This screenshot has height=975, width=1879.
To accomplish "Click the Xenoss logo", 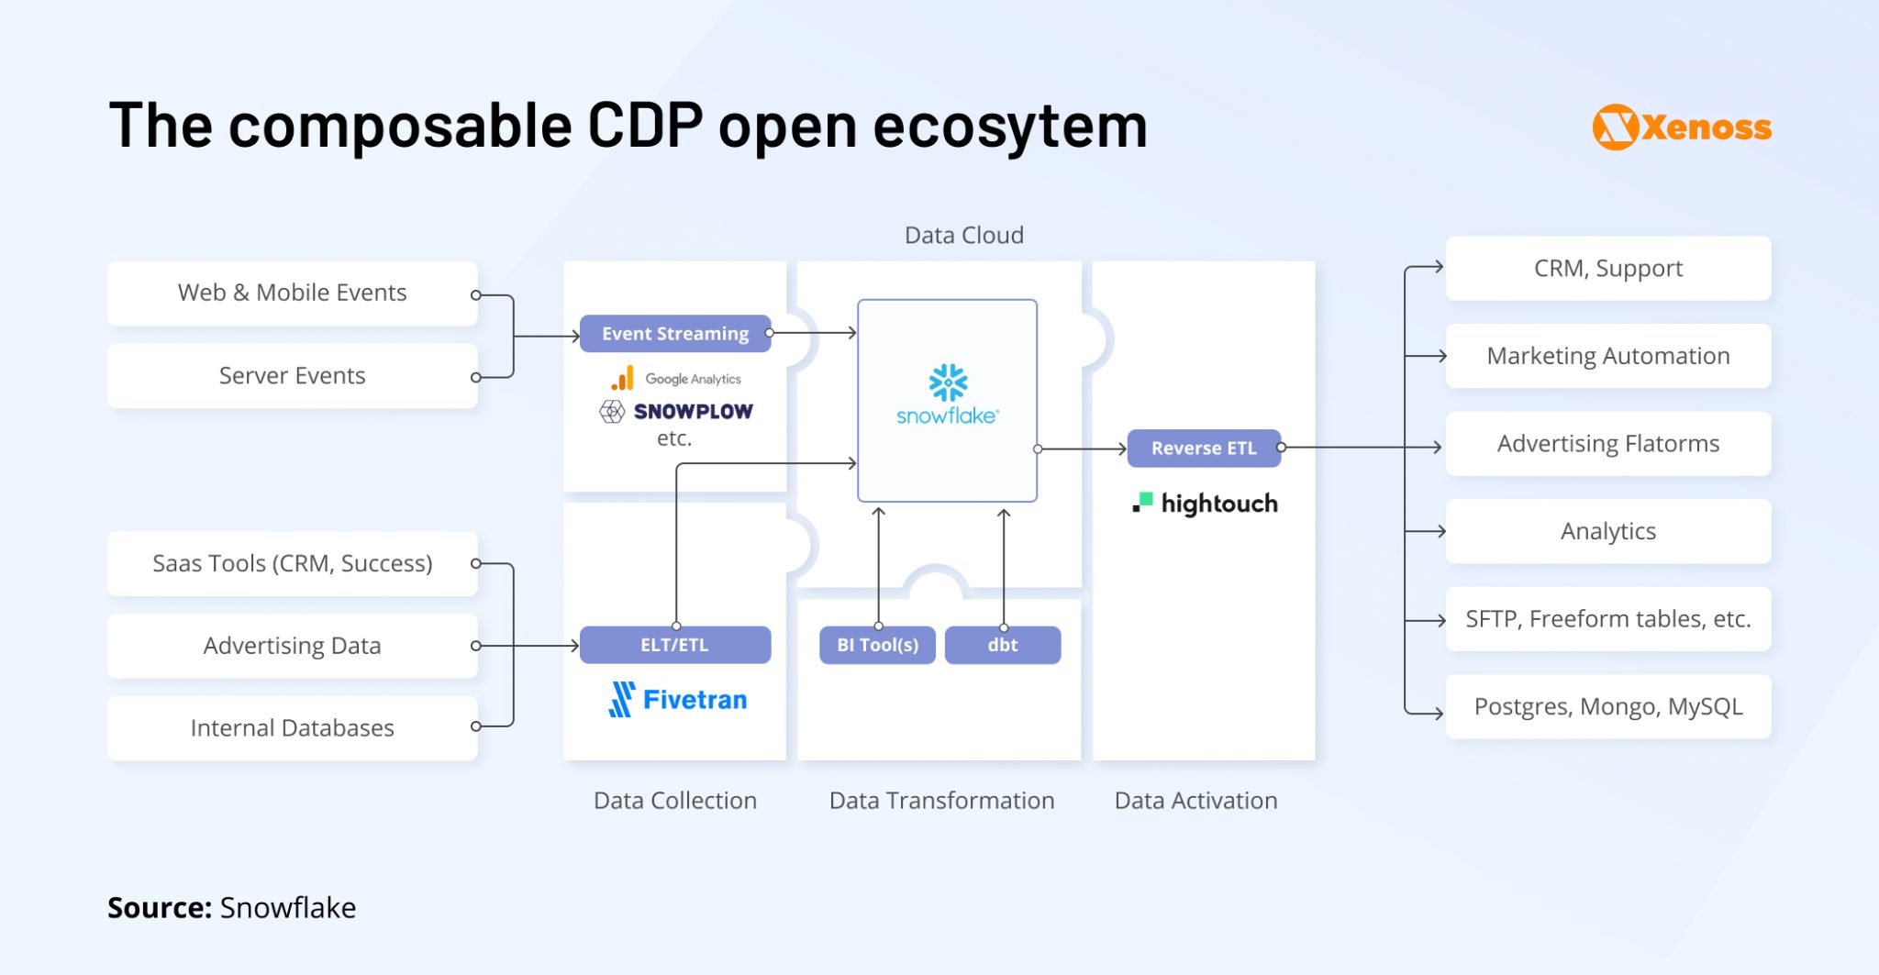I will (x=1681, y=127).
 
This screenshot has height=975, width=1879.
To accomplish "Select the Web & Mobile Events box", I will (x=292, y=293).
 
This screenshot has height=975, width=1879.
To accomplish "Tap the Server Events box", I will (x=292, y=376).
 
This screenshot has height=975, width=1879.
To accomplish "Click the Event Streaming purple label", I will (x=675, y=334).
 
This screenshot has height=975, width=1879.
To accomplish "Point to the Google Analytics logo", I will (x=677, y=379).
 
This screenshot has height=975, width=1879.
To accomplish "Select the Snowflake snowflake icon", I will (x=948, y=382).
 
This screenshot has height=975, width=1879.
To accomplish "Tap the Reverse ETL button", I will (x=1203, y=449).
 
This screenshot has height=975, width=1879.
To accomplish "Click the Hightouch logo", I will (x=1206, y=504).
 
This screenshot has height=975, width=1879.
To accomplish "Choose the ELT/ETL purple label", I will (x=674, y=645).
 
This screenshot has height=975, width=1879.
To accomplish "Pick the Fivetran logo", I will (x=678, y=700).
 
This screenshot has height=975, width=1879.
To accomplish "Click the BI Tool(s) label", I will (x=877, y=645).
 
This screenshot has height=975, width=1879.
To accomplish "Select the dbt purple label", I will (x=1002, y=645).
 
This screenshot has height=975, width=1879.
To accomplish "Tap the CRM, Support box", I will (x=1607, y=269).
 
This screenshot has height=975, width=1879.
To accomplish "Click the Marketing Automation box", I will (x=1607, y=356).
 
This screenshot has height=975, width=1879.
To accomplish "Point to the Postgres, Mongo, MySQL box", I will (x=1607, y=707).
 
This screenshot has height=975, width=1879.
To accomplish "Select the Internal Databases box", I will (x=292, y=728).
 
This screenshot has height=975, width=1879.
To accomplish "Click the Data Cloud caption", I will (x=963, y=236).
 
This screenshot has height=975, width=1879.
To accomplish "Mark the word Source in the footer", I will (x=159, y=908).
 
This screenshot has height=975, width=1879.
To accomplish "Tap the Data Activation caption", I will (x=1195, y=801).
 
